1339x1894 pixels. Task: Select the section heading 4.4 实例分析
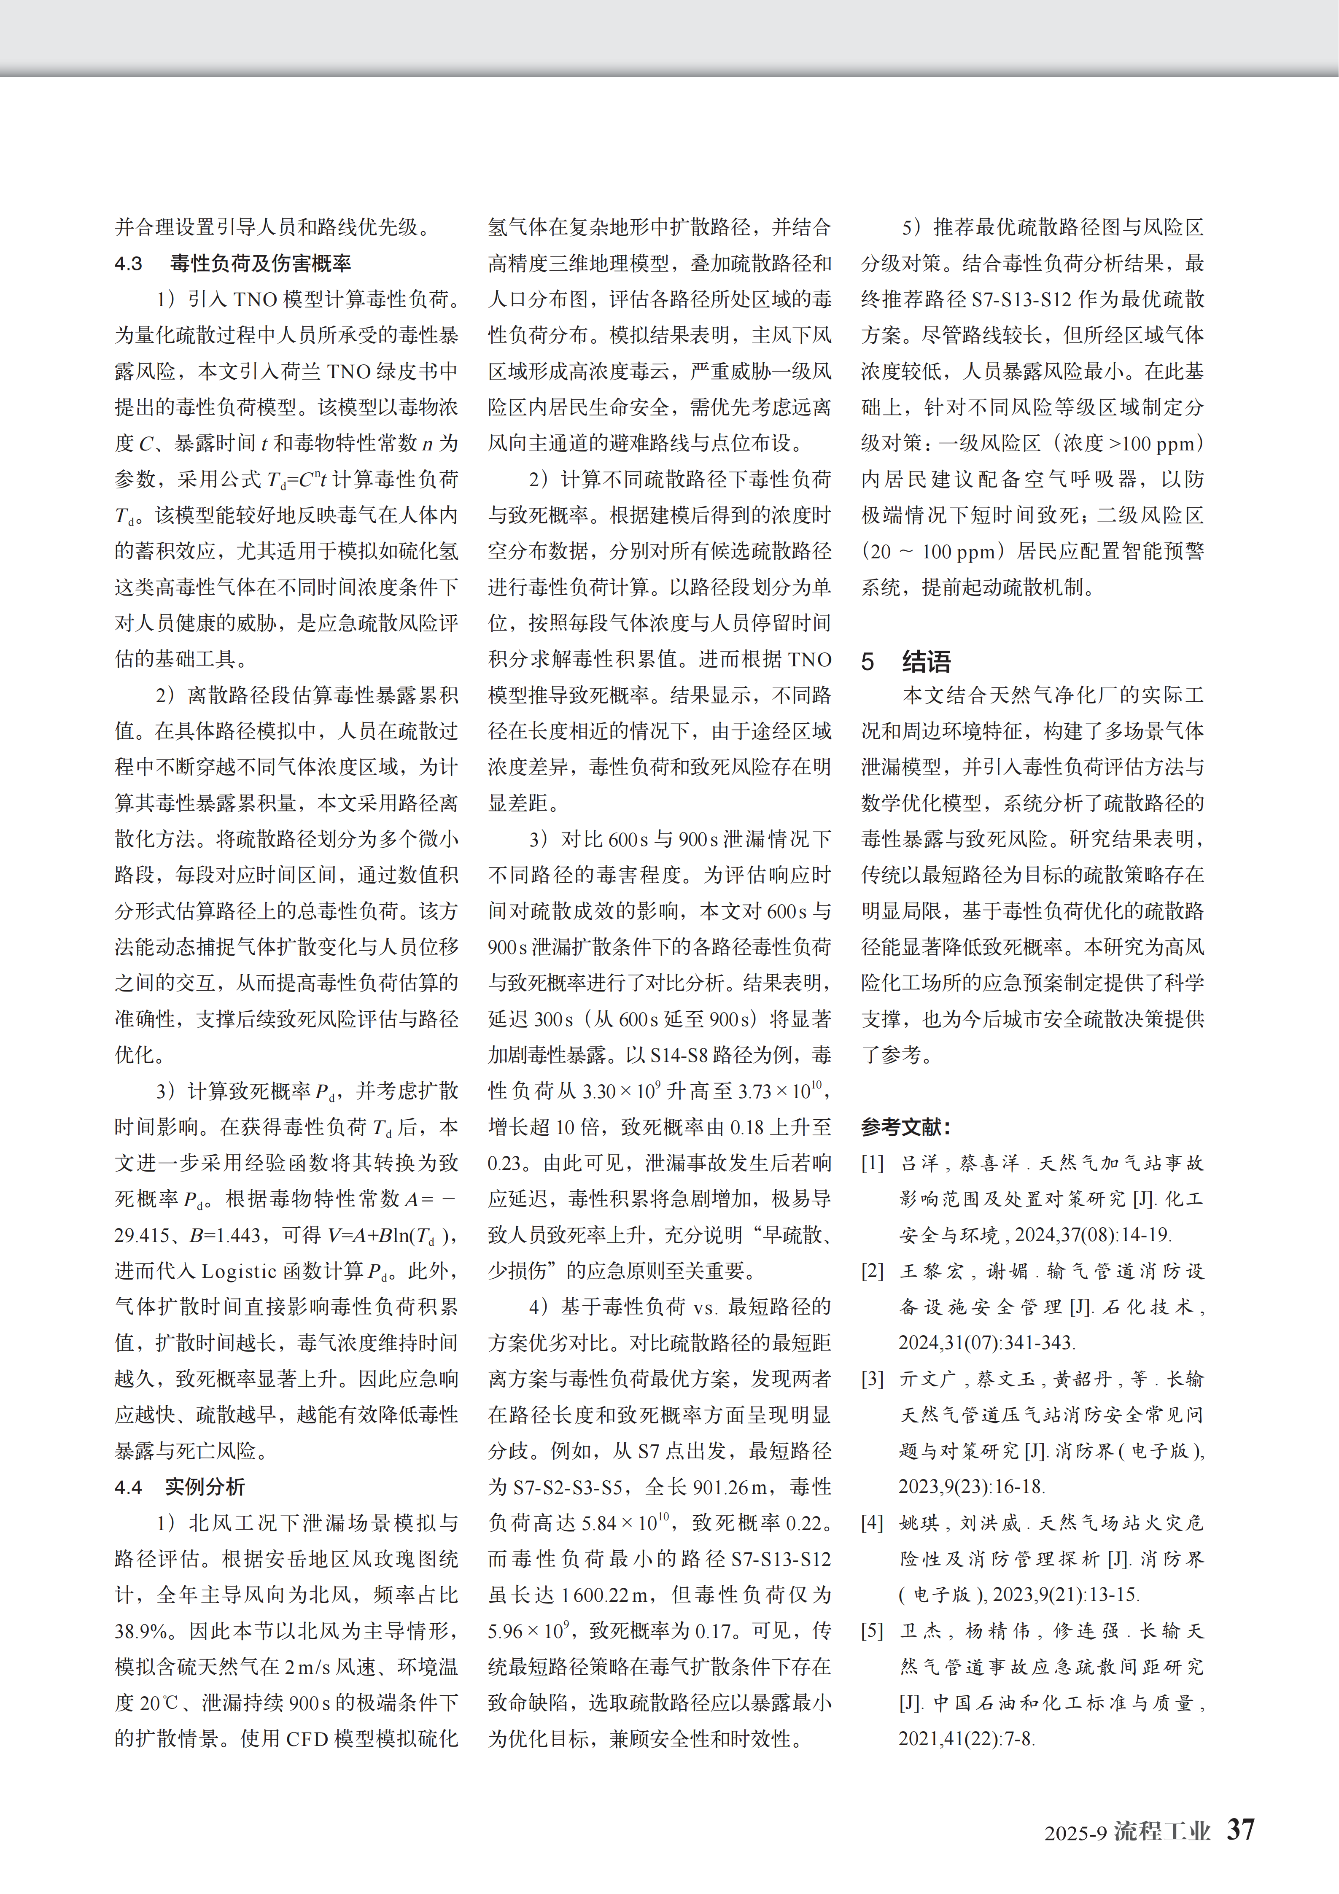pos(180,1487)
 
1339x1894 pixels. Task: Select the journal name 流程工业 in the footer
pos(1161,1831)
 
